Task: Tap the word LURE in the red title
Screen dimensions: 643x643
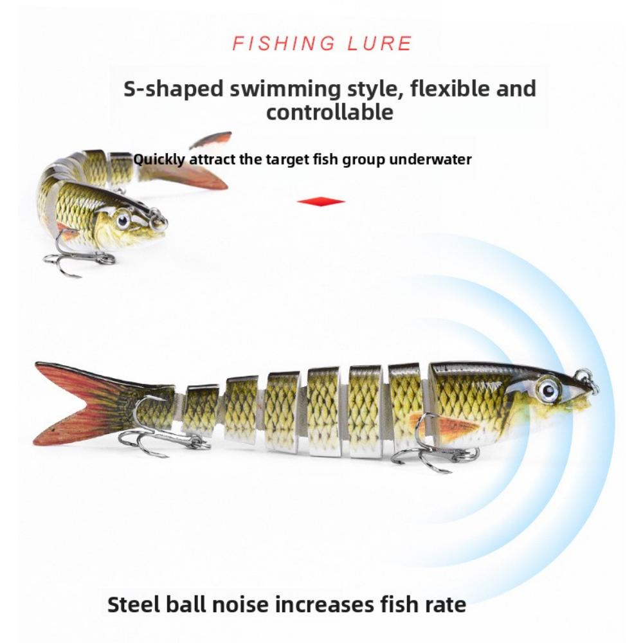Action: [380, 44]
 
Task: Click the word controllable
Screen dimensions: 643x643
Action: [330, 112]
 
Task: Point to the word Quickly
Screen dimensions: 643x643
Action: [159, 159]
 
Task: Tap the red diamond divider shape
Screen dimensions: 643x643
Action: [321, 202]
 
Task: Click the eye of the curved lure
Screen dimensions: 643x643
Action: [123, 221]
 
